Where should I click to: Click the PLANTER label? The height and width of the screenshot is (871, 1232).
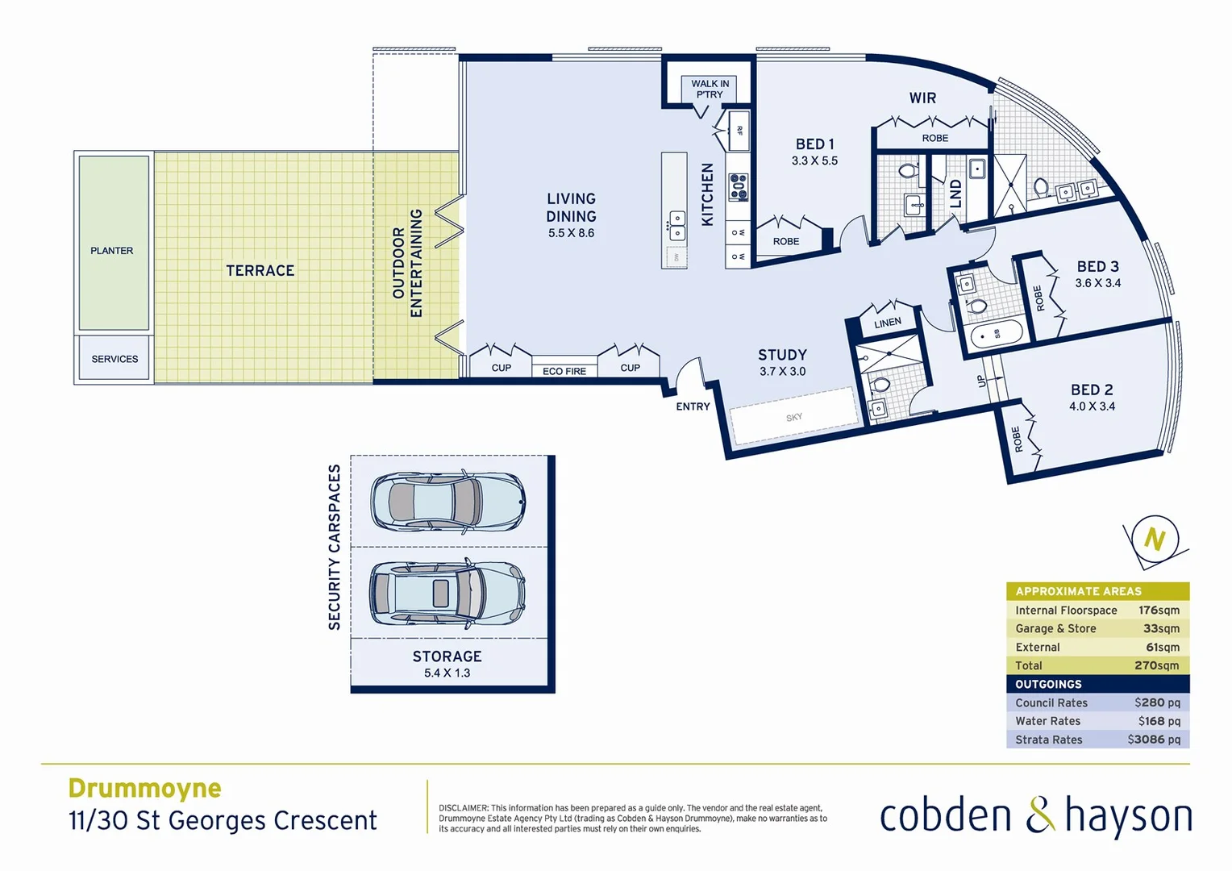coord(112,251)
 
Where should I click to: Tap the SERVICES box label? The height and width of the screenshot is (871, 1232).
coord(114,359)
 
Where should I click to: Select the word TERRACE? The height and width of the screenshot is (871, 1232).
coord(260,271)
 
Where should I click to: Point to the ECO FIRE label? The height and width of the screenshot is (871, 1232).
coord(564,372)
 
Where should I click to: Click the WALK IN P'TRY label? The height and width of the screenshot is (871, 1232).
coord(710,89)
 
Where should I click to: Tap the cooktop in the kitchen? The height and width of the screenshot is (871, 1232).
coord(739,187)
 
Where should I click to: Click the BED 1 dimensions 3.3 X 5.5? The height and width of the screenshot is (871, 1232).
coord(814,161)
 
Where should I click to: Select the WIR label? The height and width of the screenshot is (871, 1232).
coord(922,98)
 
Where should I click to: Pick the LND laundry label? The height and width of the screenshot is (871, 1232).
coord(956,194)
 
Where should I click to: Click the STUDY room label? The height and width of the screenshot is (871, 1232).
coord(782,355)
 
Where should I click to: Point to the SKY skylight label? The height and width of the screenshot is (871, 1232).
coord(794,417)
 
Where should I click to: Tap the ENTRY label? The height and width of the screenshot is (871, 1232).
coord(693,406)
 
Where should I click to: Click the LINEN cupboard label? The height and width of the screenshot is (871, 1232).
coord(888,323)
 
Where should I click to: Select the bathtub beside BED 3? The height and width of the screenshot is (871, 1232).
coord(997,333)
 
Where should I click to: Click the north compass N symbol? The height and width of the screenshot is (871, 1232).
coord(1155,540)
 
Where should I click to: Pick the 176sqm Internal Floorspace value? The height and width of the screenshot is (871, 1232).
coord(1159,611)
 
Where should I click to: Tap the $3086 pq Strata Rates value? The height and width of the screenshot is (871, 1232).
coord(1154,740)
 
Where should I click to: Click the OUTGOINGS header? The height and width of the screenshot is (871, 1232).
coord(1048,684)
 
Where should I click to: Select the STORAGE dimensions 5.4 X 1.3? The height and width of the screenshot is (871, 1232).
coord(447,673)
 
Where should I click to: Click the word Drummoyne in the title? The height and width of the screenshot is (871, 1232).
coord(145,788)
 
